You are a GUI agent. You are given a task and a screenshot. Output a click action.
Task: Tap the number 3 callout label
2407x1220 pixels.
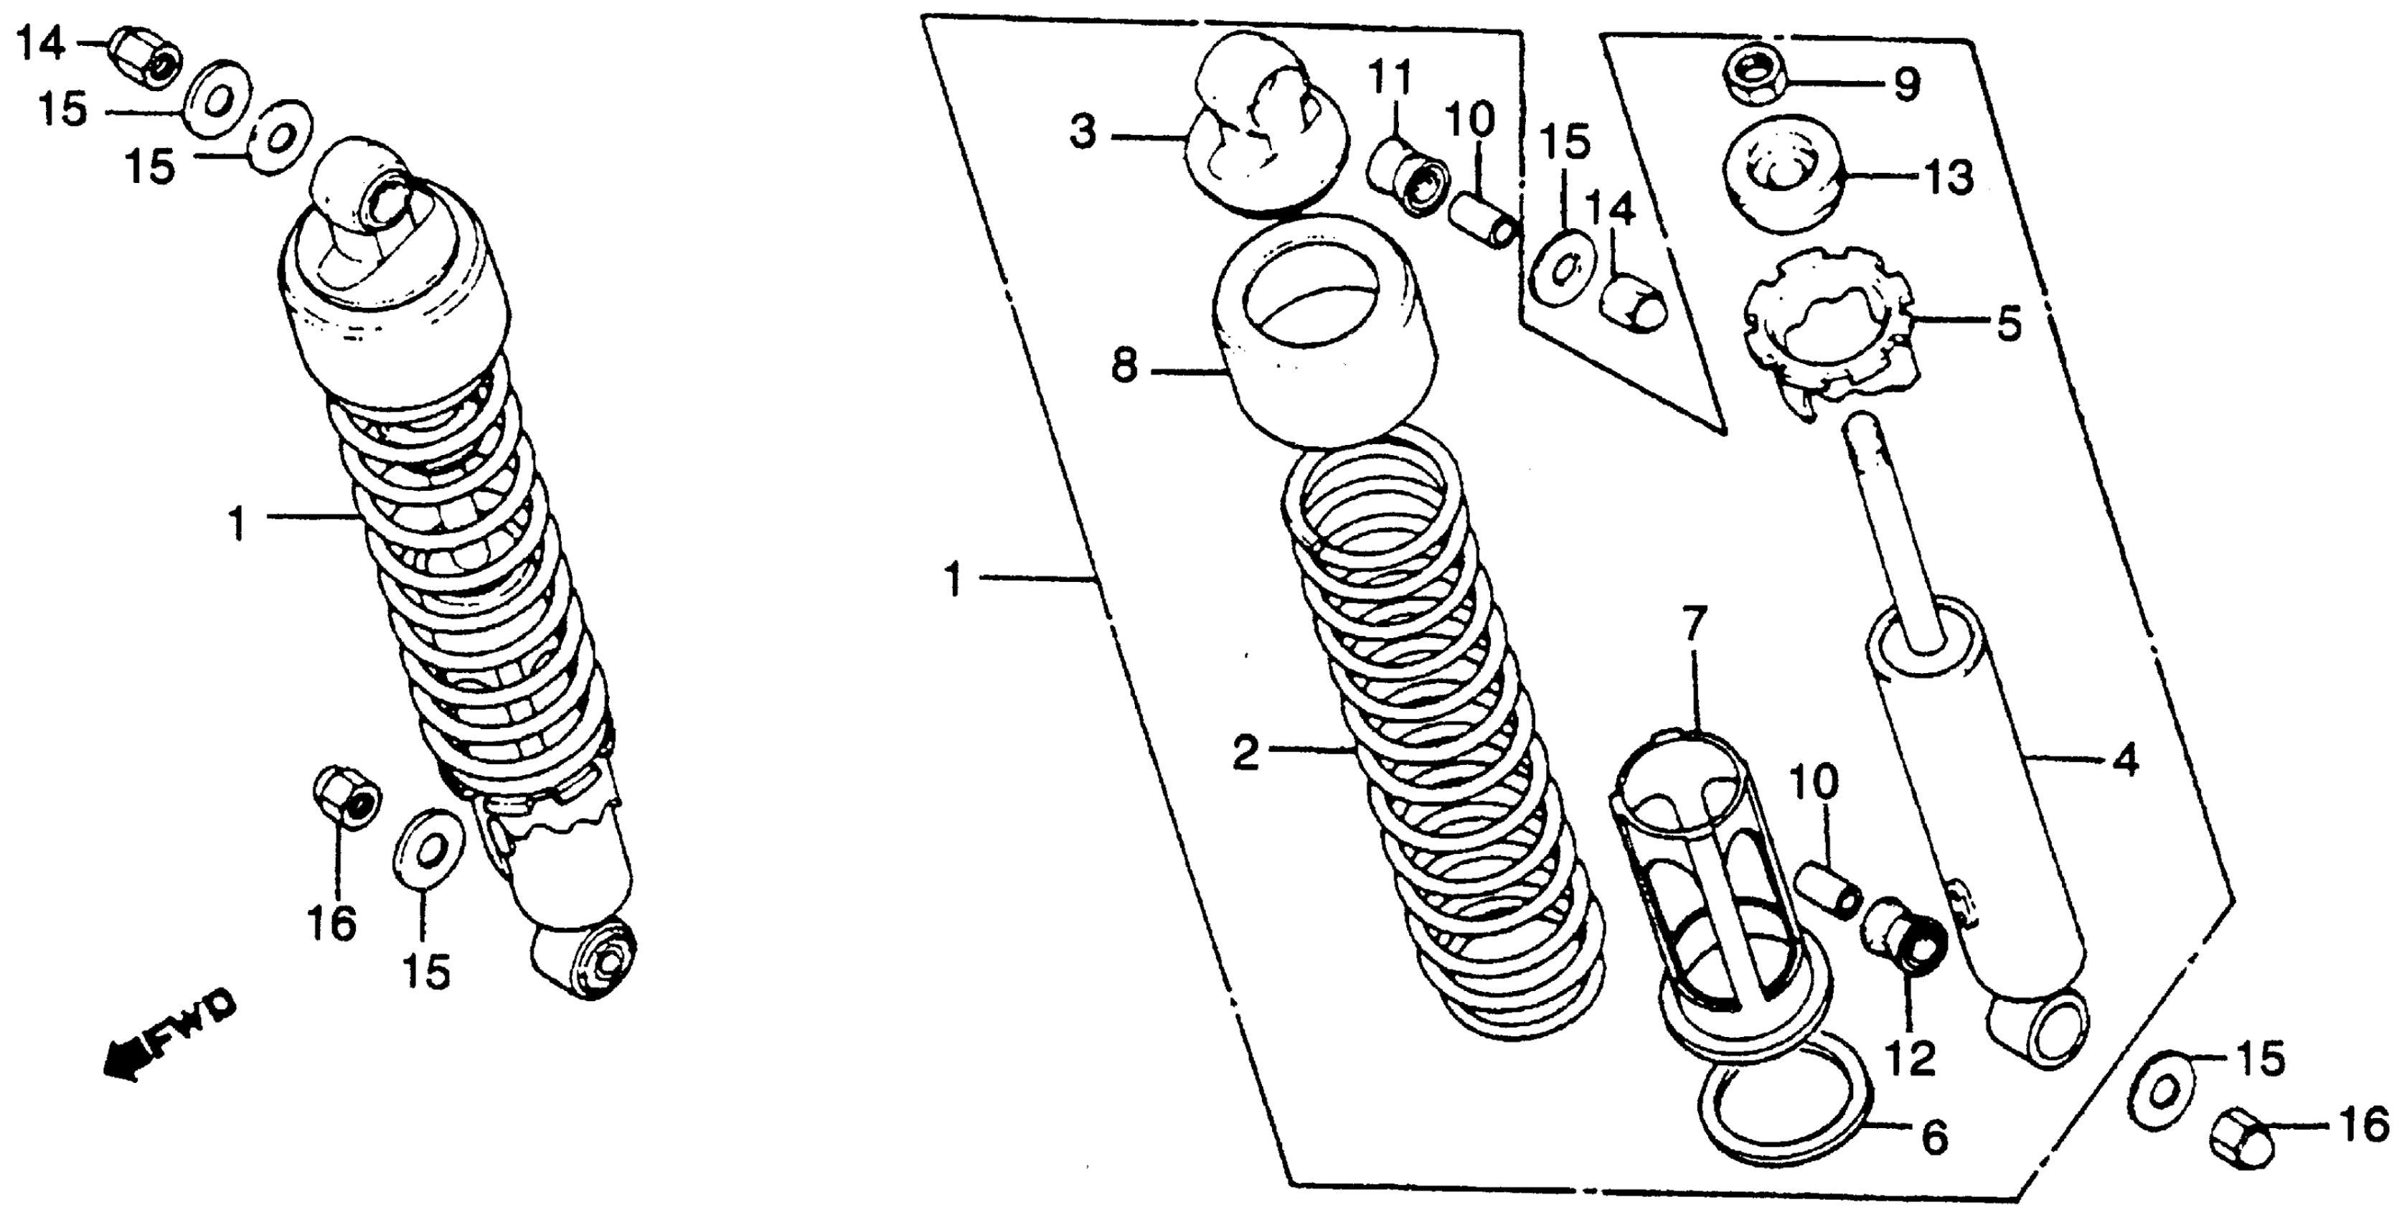coord(1084,133)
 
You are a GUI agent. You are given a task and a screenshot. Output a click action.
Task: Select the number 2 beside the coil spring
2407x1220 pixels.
coord(1246,754)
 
